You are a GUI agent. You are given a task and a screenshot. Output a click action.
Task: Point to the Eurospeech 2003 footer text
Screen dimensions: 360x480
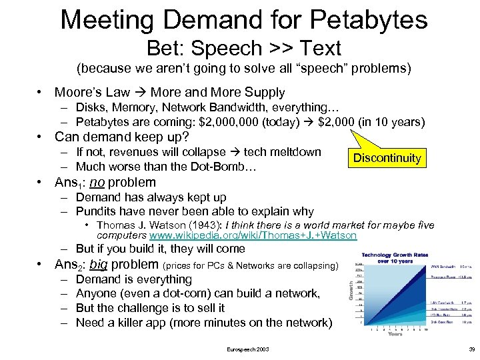tap(248, 349)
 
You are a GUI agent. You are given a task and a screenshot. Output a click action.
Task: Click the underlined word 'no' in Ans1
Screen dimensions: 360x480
tap(97, 183)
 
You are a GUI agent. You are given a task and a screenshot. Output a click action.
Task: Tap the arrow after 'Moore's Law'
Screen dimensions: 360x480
tap(140, 93)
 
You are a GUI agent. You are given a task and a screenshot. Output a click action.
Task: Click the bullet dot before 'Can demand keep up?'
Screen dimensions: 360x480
tap(41, 137)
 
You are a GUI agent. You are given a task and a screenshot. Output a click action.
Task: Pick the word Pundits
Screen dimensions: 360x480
tap(97, 211)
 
